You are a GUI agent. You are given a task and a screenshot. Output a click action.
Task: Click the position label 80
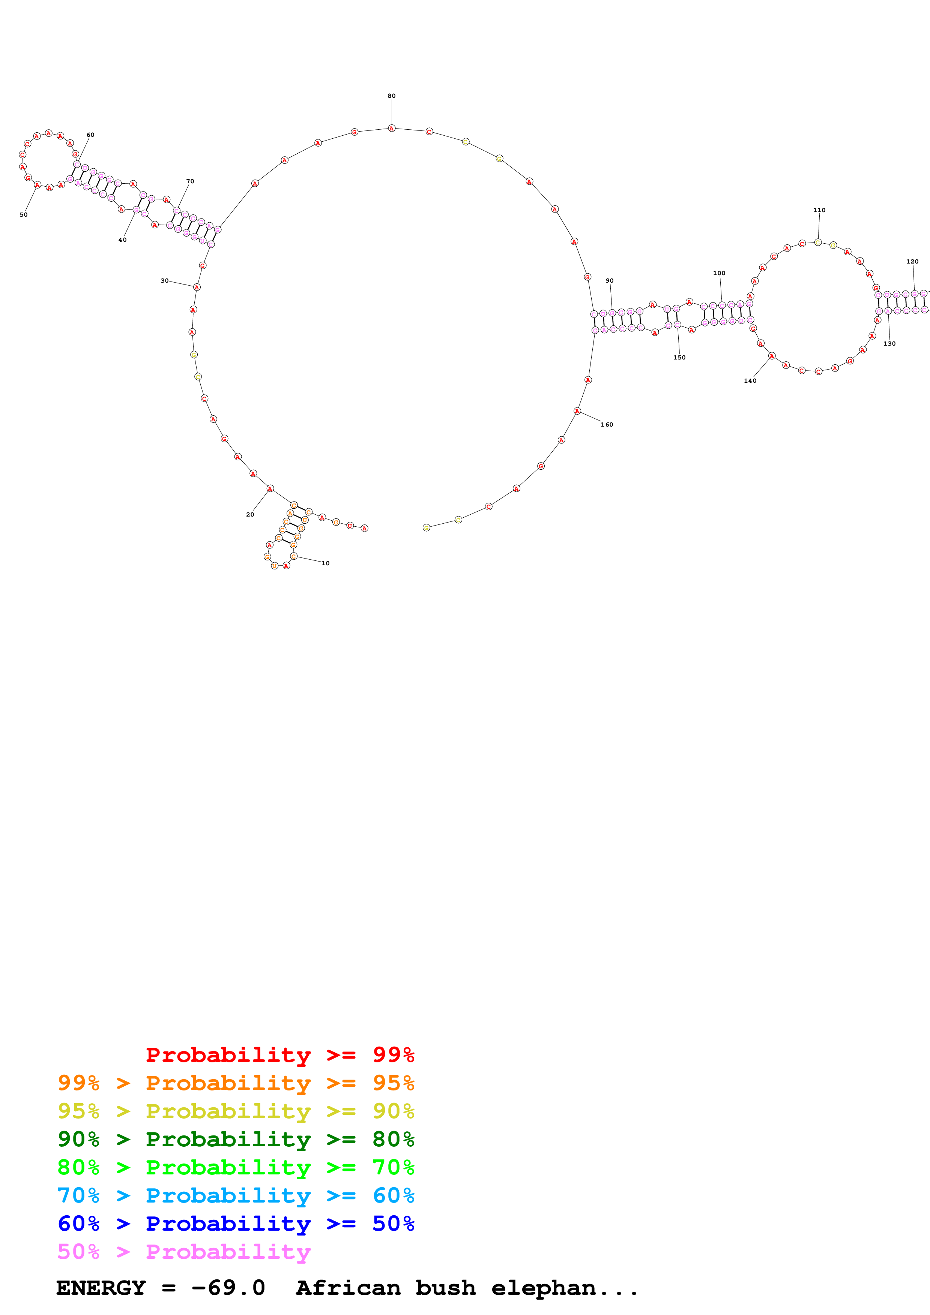pos(391,96)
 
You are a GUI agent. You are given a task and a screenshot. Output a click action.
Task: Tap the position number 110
pos(819,210)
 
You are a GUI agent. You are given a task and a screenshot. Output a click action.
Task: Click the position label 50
pos(24,215)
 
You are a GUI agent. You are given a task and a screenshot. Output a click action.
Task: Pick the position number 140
pos(750,380)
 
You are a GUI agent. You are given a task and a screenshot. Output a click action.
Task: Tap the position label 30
pos(164,281)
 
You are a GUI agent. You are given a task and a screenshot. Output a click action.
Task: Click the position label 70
pos(190,181)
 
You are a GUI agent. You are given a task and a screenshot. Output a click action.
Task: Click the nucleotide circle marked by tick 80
pos(391,128)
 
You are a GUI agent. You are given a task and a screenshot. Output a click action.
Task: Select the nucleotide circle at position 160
pos(577,410)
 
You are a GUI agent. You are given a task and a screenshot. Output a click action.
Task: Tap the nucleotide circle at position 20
pos(270,488)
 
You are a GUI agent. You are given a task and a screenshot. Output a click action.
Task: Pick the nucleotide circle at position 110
pos(818,242)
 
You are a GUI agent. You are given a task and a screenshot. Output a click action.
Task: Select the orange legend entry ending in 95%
pos(236,1083)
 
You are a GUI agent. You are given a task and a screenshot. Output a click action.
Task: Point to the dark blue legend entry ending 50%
pos(236,1224)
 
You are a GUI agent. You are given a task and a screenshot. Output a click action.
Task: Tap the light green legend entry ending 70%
pos(236,1167)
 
